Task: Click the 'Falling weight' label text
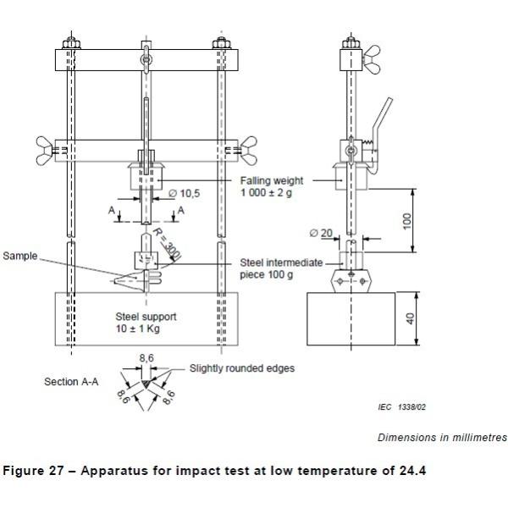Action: coord(272,180)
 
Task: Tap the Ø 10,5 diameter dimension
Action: coord(185,193)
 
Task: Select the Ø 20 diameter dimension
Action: coord(321,233)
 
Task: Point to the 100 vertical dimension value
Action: coord(407,221)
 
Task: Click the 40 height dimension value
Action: coord(410,319)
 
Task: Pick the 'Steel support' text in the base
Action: coord(146,317)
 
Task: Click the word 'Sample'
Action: coord(20,256)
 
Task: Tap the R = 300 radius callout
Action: coord(167,244)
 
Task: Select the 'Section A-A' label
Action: coord(71,382)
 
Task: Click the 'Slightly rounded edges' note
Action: coord(242,368)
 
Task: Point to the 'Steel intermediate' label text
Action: coord(281,262)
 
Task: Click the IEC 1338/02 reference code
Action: coord(401,407)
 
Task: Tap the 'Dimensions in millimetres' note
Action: coord(442,438)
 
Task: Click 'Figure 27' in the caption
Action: coord(33,471)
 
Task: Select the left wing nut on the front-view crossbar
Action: coord(44,151)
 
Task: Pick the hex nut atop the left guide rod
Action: coord(71,43)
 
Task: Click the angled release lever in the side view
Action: coord(383,130)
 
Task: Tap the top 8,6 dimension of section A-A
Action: coord(146,358)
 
